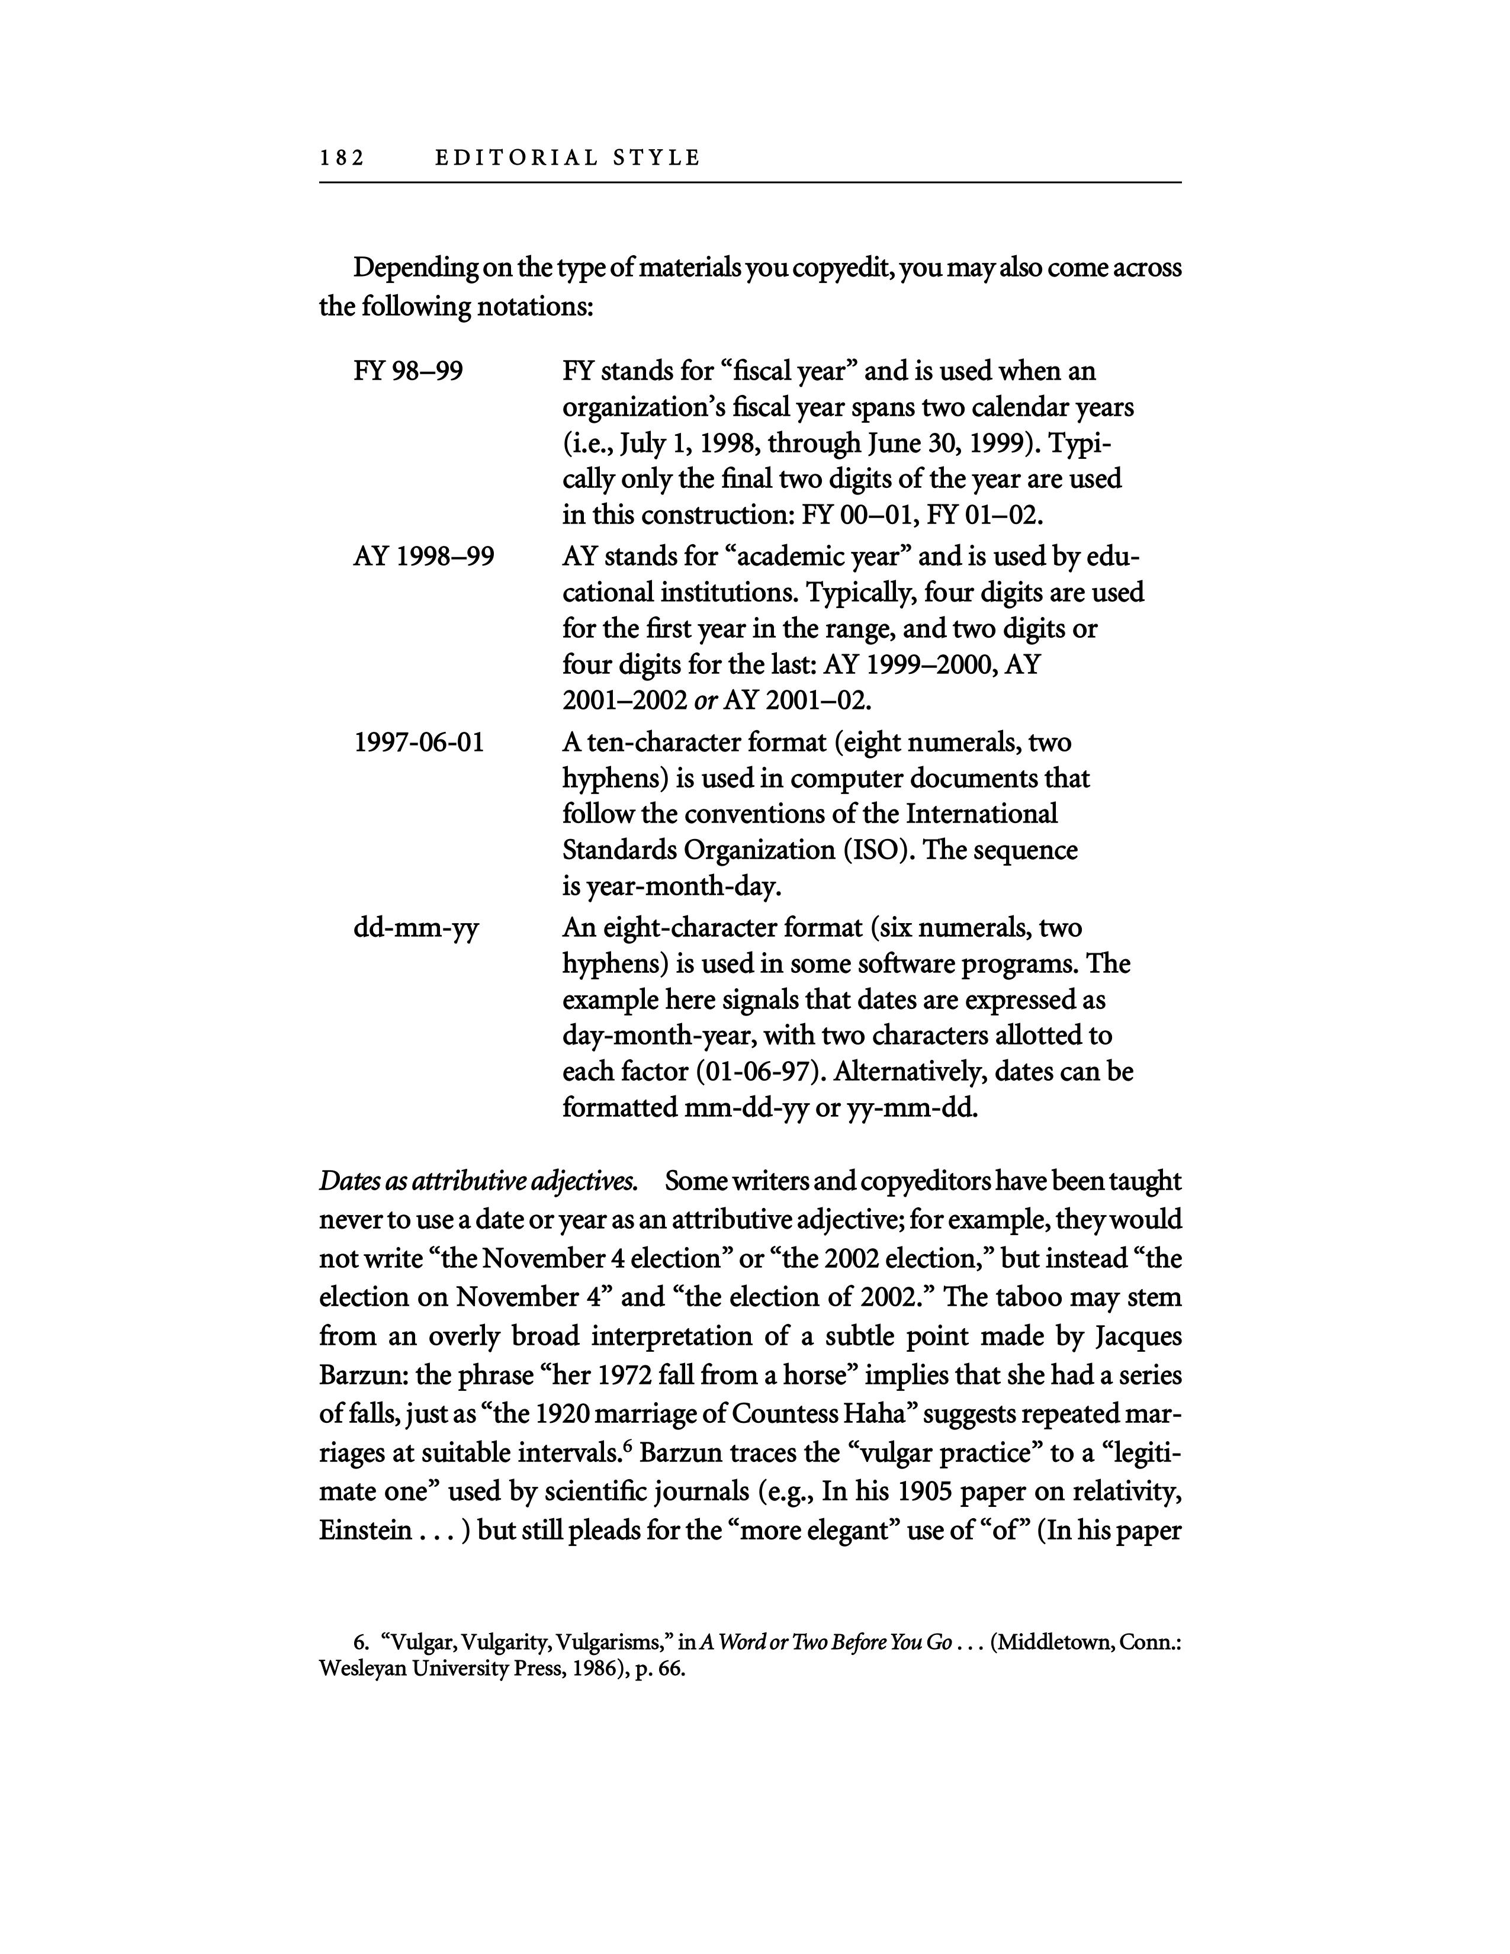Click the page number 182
(342, 158)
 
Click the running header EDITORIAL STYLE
(567, 158)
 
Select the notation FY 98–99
(408, 371)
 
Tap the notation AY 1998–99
(423, 557)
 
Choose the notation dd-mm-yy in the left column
(416, 928)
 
